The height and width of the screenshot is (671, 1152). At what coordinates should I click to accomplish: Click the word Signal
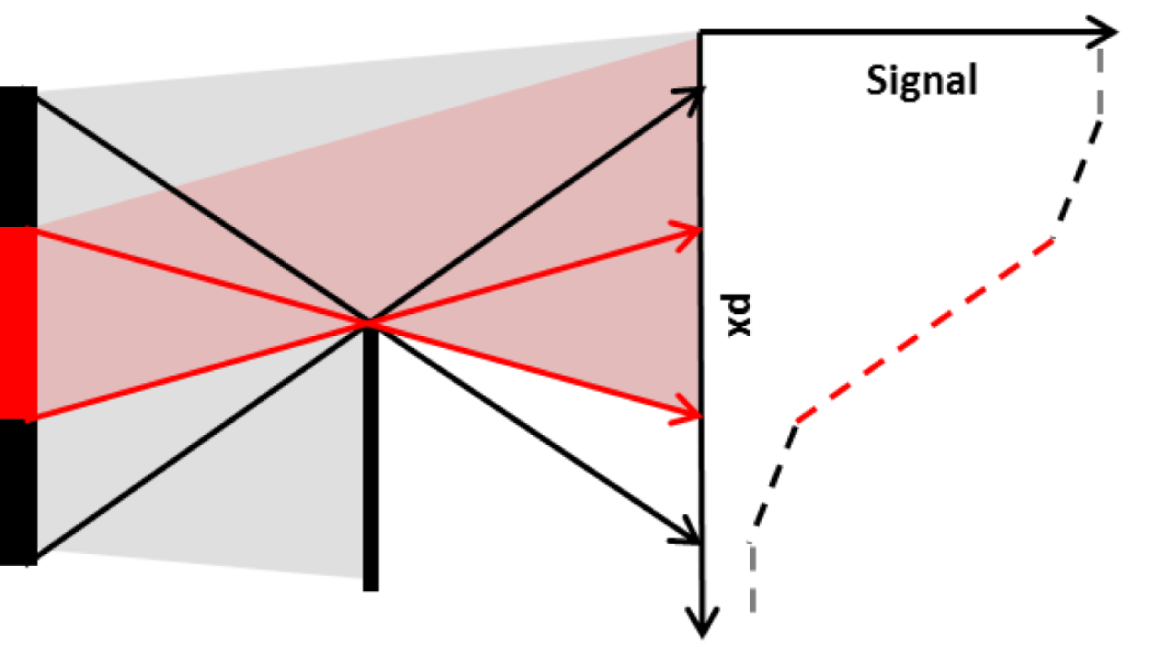pos(921,81)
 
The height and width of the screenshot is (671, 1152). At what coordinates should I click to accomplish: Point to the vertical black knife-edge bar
pos(370,455)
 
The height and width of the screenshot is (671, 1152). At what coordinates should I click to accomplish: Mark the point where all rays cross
pos(368,323)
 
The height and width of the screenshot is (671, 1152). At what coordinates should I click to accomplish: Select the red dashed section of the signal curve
pos(926,329)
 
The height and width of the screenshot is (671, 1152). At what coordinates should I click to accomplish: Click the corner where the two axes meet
pos(701,33)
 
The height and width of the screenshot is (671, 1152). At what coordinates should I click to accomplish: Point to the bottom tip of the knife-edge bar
pos(370,587)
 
